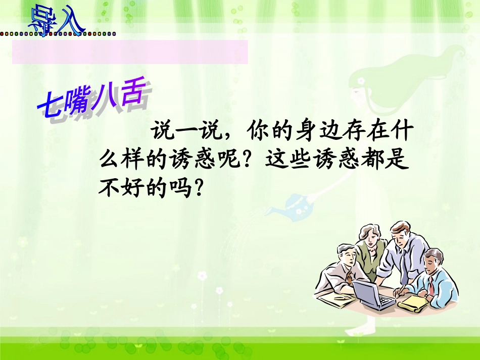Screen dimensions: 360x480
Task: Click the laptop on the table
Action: [373, 295]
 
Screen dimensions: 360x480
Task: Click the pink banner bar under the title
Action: [130, 52]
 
